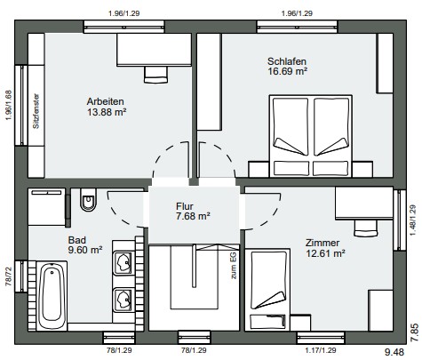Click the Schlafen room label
[x=287, y=61]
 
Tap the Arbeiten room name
[x=105, y=101]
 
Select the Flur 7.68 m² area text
[x=193, y=216]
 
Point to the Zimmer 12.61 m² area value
[x=325, y=253]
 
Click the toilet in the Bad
[x=88, y=199]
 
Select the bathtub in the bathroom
[x=53, y=296]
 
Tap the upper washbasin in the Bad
[x=123, y=262]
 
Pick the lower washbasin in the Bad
[x=123, y=300]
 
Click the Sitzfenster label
[x=36, y=111]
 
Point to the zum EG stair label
[x=234, y=265]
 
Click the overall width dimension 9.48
[x=394, y=352]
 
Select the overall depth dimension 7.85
[x=415, y=332]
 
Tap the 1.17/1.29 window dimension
[x=321, y=350]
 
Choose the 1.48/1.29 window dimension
[x=413, y=220]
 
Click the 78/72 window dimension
[x=8, y=276]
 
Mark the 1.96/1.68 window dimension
[x=8, y=105]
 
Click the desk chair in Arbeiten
[x=155, y=75]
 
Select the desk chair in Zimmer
[x=366, y=228]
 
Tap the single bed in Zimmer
[x=270, y=290]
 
